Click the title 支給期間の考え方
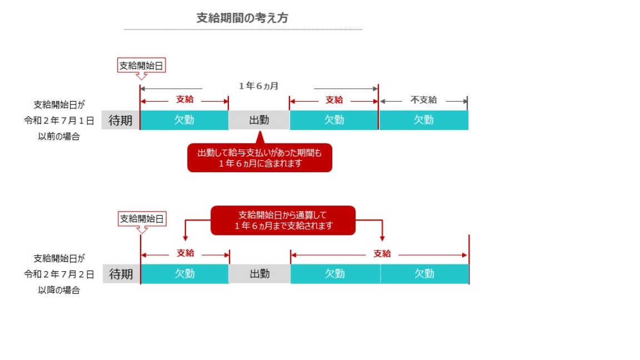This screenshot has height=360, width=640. pyautogui.click(x=242, y=18)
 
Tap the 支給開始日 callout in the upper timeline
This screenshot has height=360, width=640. pyautogui.click(x=143, y=66)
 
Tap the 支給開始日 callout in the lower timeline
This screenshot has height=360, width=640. pyautogui.click(x=143, y=219)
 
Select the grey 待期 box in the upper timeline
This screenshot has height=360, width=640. pyautogui.click(x=121, y=120)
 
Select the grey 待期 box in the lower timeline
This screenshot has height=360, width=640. pyautogui.click(x=121, y=274)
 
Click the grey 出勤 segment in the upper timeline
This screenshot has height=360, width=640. pyautogui.click(x=259, y=120)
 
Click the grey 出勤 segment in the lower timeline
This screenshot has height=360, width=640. pyautogui.click(x=259, y=274)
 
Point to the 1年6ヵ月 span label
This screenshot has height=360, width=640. pyautogui.click(x=258, y=86)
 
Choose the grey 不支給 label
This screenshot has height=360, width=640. pyautogui.click(x=424, y=100)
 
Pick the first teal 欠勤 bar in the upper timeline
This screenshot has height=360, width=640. pyautogui.click(x=184, y=120)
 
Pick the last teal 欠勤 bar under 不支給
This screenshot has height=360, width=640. pyautogui.click(x=423, y=120)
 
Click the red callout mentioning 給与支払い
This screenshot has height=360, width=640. pyautogui.click(x=259, y=158)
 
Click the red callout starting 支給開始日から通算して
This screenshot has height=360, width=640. pyautogui.click(x=282, y=221)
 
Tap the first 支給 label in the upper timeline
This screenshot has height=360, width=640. pyautogui.click(x=185, y=100)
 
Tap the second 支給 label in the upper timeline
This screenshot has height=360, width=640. pyautogui.click(x=334, y=100)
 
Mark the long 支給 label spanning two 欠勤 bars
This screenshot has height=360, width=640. pyautogui.click(x=382, y=254)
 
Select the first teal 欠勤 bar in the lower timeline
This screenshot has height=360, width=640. pyautogui.click(x=185, y=274)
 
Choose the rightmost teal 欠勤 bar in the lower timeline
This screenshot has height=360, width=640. pyautogui.click(x=424, y=274)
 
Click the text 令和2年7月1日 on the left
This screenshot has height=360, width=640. pyautogui.click(x=59, y=120)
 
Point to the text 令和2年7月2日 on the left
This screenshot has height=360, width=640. pyautogui.click(x=59, y=274)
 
